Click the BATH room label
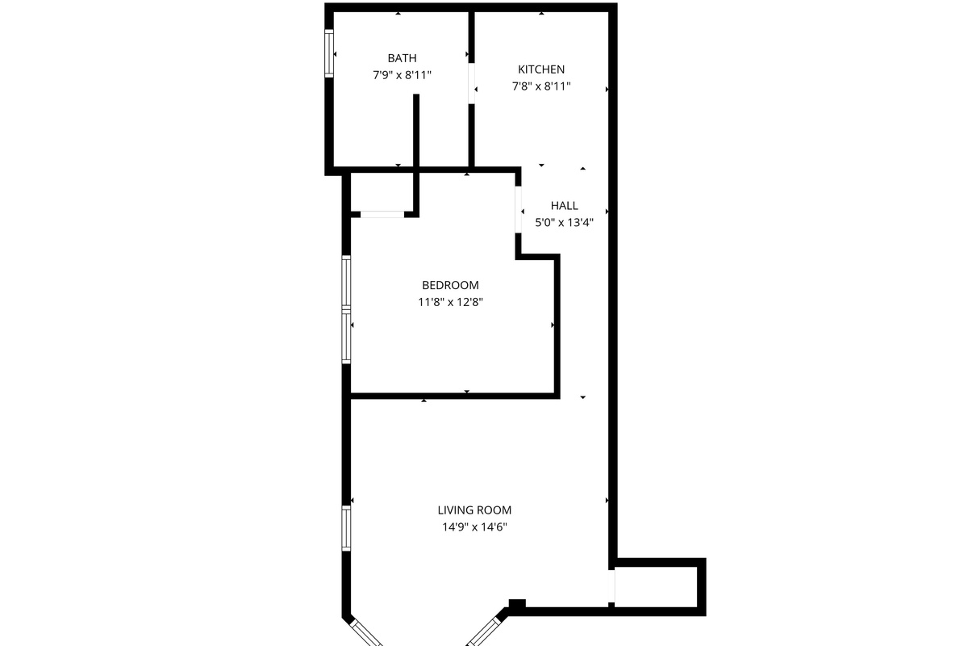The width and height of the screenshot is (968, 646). point(402,58)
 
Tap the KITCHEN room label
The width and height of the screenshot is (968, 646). point(541,69)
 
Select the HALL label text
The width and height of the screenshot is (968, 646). point(564,206)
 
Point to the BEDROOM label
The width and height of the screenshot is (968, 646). point(450,285)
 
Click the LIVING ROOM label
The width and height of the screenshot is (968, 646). point(474,510)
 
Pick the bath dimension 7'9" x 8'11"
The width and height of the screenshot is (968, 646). point(402,75)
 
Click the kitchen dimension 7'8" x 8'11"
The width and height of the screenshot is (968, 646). point(541,86)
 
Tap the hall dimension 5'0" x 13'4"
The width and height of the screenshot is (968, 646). point(564,223)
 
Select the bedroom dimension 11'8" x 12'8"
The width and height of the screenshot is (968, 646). point(450,302)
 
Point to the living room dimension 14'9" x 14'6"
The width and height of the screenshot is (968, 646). point(474,527)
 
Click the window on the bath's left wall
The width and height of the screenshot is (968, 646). point(329,53)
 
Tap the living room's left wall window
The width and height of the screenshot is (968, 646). point(346,528)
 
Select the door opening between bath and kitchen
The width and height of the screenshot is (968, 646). point(471,83)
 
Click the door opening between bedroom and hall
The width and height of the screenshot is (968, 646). point(518,210)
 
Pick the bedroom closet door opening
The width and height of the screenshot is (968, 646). point(382,214)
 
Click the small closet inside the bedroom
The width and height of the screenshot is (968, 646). point(382,192)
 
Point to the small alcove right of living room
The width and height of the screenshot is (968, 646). point(656,586)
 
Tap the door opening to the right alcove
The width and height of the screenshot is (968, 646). point(611,586)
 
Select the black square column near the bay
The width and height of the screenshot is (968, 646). point(517,604)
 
